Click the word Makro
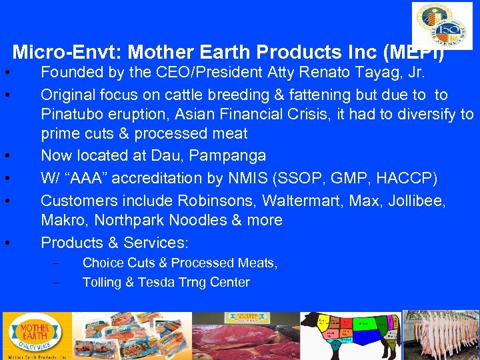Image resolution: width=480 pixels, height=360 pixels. point(61,220)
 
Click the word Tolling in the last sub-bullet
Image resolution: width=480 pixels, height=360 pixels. point(101,282)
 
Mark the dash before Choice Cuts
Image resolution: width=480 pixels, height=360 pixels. point(55,263)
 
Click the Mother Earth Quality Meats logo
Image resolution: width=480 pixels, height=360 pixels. point(35,336)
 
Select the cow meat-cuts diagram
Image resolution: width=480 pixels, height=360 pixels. point(349,335)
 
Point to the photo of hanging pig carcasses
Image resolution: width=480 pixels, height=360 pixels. point(441,335)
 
